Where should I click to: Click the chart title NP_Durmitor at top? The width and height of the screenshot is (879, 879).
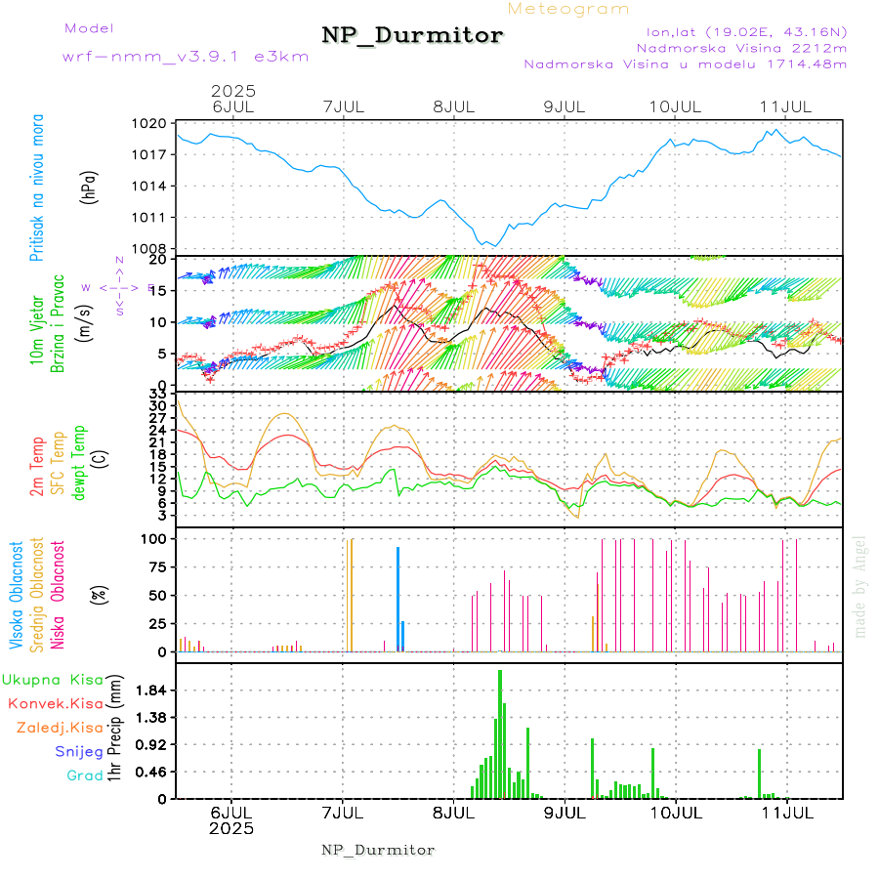pos(412,36)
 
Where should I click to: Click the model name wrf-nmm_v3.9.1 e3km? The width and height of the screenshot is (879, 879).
pos(186,57)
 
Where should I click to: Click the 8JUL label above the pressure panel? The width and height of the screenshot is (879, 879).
pos(453,105)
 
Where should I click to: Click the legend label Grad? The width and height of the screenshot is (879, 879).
pos(85,775)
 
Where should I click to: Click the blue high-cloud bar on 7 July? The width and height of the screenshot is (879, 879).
pos(398,598)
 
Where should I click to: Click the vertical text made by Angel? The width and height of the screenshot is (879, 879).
pos(860,586)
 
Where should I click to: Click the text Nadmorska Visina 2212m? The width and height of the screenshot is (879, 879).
pos(741,47)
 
